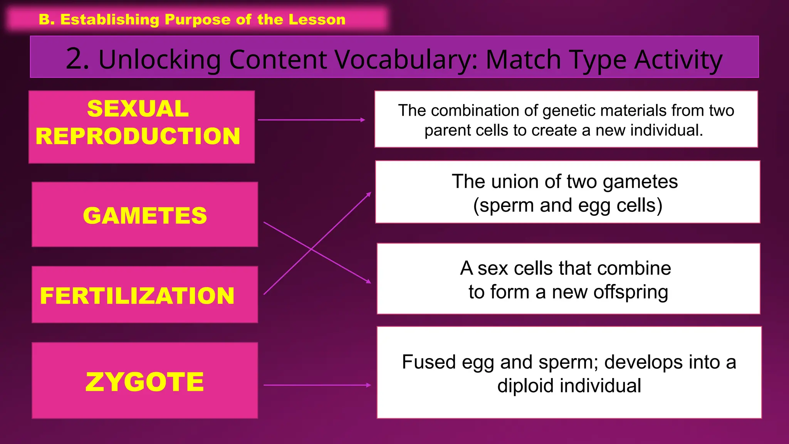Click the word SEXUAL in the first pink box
pos(138,109)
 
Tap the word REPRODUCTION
pos(138,136)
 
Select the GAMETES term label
pos(145,215)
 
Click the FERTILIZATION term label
pos(137,296)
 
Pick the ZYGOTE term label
pos(145,382)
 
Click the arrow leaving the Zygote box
pos(317,385)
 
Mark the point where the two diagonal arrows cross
pos(311,250)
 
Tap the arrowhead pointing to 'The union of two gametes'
pos(369,194)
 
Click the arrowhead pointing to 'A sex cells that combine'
pos(369,282)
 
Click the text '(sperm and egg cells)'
pos(567,205)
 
